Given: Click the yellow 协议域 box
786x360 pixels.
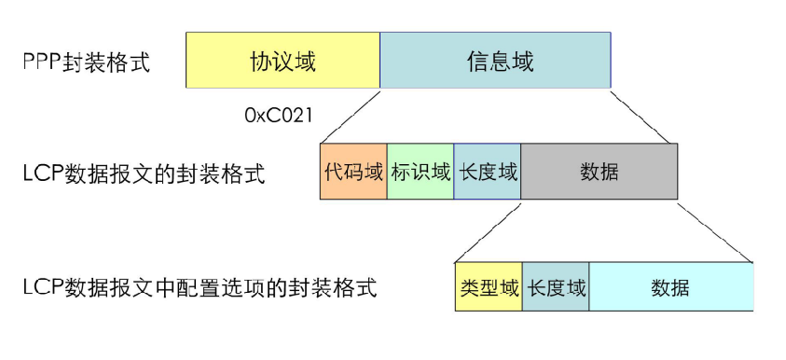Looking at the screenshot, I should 283,62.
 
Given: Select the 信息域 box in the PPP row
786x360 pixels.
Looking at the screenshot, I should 495,62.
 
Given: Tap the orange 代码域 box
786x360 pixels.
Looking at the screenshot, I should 353,172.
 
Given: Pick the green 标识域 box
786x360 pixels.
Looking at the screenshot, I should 421,172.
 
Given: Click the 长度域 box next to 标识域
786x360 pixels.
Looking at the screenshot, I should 488,172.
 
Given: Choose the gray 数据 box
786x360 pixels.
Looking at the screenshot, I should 599,172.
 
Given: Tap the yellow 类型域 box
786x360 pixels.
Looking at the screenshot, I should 489,286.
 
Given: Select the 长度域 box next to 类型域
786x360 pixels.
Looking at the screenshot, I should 556,286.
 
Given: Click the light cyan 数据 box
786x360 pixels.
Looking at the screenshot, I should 670,286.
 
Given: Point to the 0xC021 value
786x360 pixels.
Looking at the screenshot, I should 278,116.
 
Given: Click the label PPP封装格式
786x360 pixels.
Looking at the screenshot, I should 86,63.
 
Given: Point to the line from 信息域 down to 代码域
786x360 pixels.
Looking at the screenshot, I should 351,116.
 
